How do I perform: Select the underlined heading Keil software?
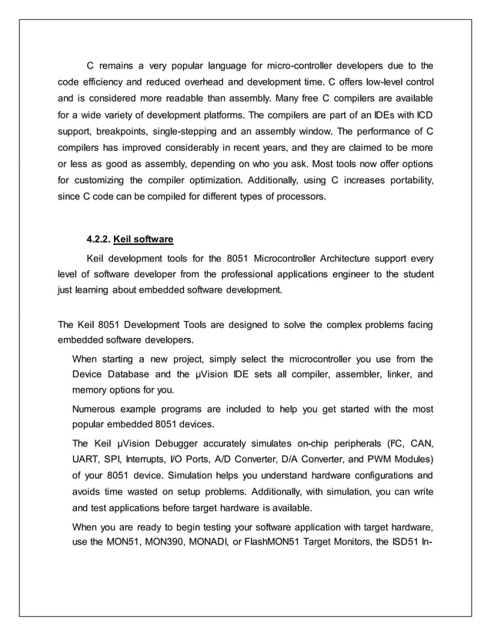[x=143, y=238]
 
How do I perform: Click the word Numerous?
[x=95, y=408]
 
